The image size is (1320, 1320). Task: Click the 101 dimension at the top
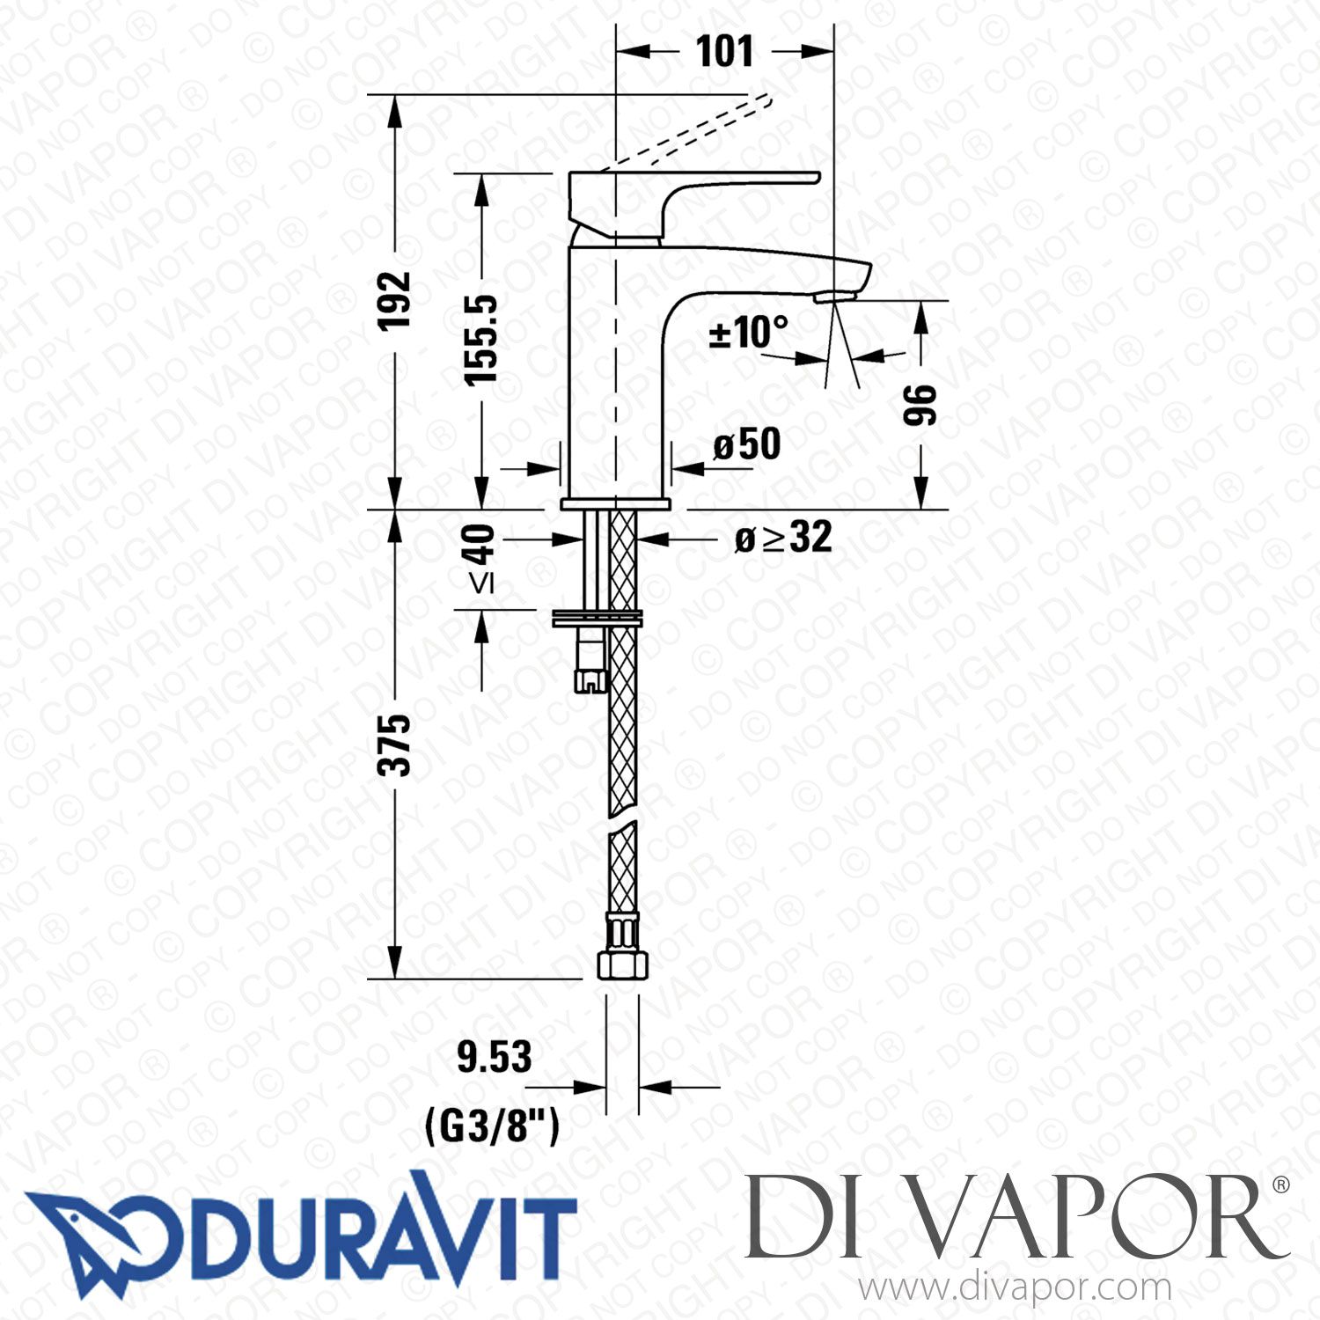(x=724, y=51)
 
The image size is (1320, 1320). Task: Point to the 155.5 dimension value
(x=481, y=340)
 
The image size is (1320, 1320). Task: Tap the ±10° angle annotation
(x=748, y=333)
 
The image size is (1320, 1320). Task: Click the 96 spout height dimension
(x=920, y=405)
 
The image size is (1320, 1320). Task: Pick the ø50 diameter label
(x=747, y=444)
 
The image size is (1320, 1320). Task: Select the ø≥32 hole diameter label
(x=783, y=538)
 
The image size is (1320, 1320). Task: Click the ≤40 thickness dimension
(x=481, y=558)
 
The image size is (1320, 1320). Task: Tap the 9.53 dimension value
(x=494, y=1057)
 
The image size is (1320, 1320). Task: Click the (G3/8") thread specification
(x=492, y=1125)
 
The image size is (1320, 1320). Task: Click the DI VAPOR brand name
(x=1012, y=1219)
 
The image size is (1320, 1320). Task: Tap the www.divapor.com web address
(x=1015, y=1288)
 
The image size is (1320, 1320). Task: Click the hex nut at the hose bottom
(x=623, y=964)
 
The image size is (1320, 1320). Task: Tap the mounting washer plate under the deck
(x=597, y=618)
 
